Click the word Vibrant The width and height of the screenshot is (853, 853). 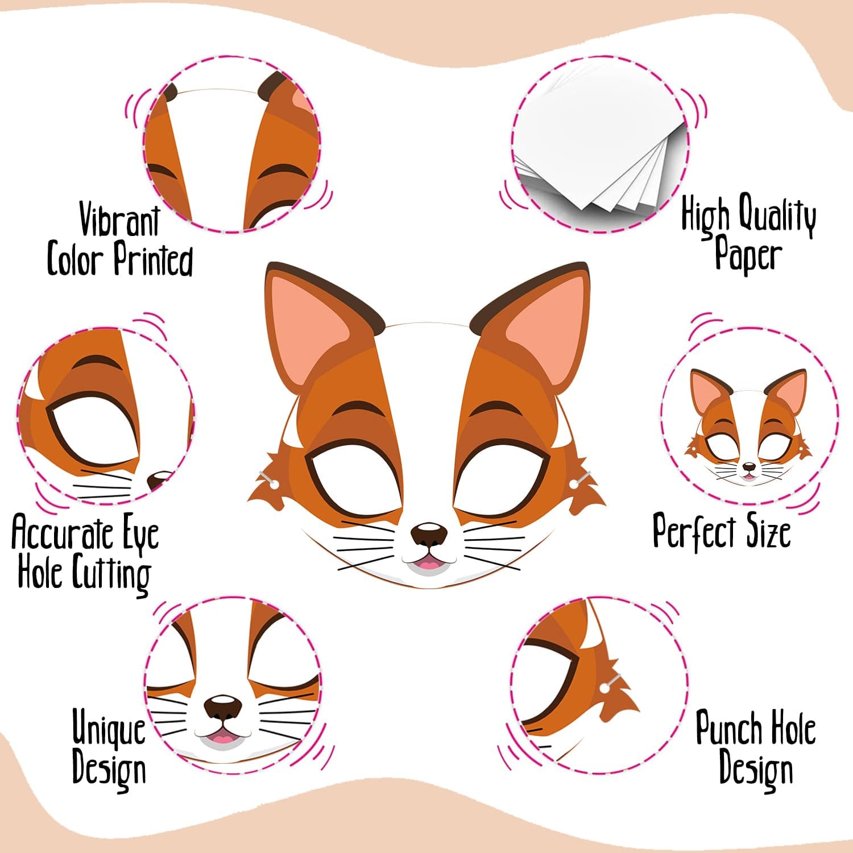[119, 220]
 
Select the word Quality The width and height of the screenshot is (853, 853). [777, 216]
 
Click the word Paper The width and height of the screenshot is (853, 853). [748, 255]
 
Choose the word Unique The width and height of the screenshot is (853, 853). [109, 728]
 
